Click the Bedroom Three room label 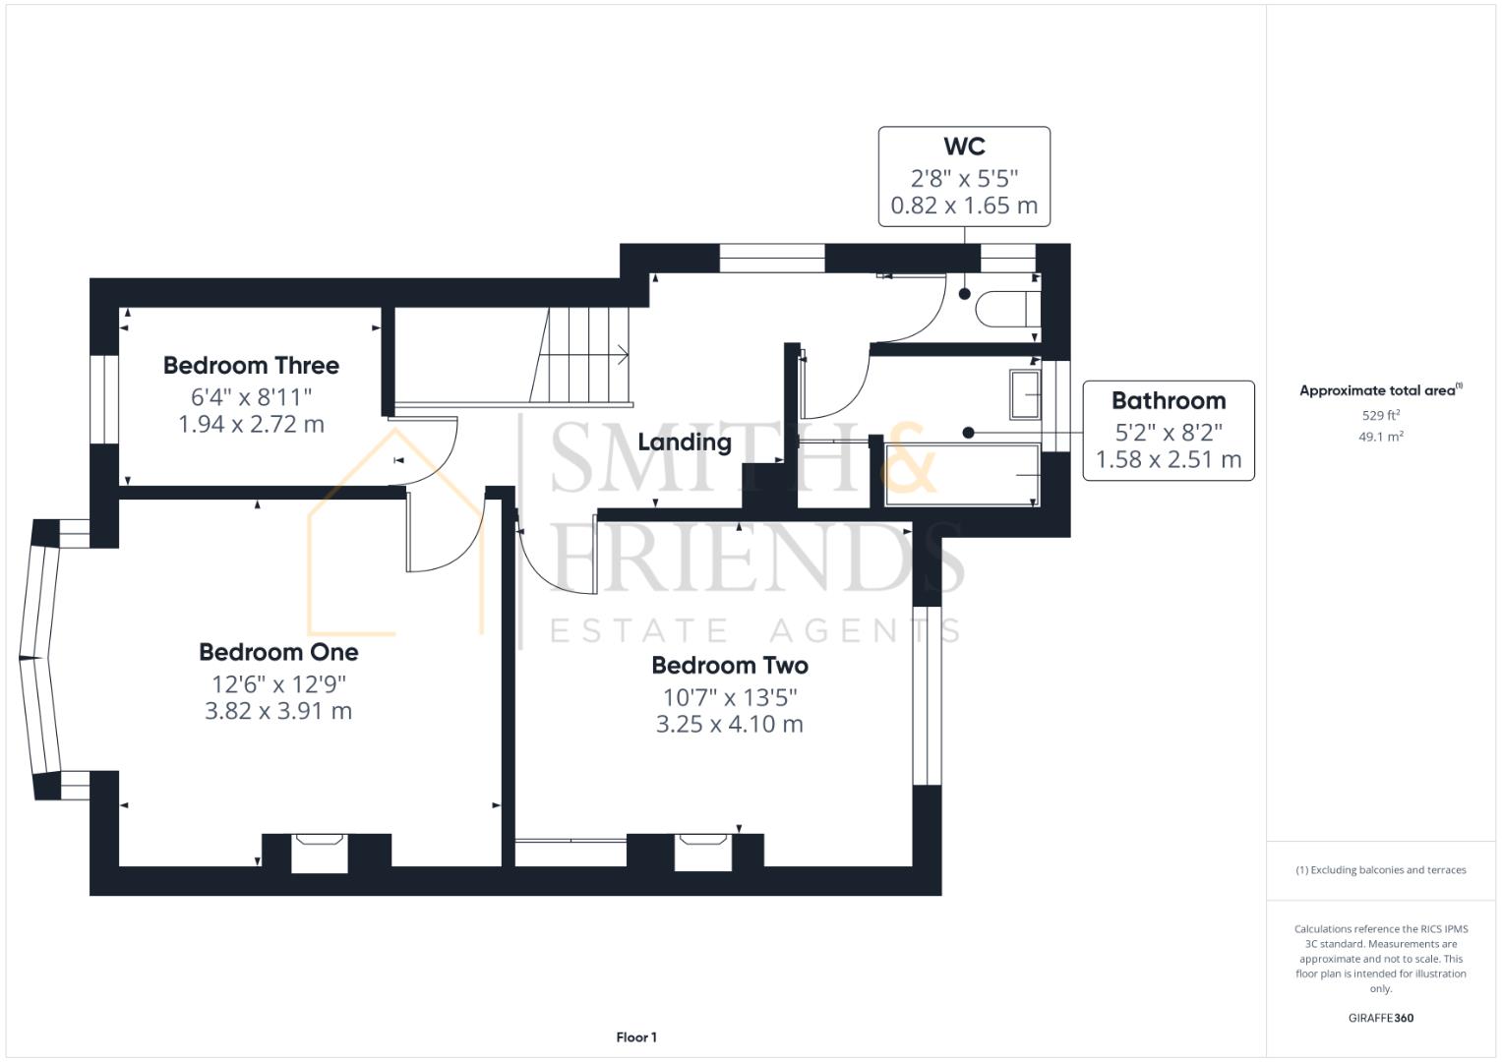(251, 366)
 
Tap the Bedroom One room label (278, 652)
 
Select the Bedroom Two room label (730, 666)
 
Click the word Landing (685, 442)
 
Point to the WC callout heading (964, 147)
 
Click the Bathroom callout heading (1169, 401)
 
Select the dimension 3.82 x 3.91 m (278, 711)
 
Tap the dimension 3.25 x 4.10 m (730, 725)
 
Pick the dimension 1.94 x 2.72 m (251, 425)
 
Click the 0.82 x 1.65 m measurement (964, 206)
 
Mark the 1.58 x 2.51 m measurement (1169, 459)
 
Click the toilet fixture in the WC (1003, 309)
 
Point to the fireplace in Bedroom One (320, 852)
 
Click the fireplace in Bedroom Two (703, 852)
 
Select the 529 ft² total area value (1380, 415)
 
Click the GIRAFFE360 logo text (1380, 1018)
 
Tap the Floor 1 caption (636, 1037)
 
